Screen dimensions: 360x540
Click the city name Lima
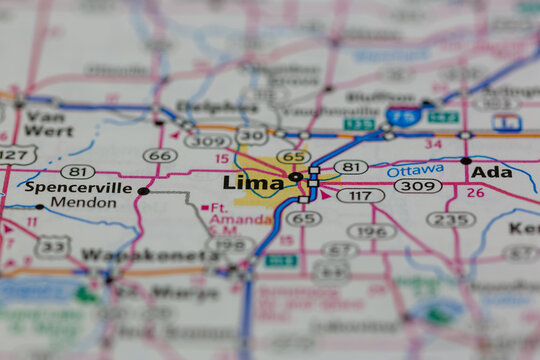[252, 182]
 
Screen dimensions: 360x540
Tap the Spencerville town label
[78, 187]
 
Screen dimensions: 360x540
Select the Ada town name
[492, 172]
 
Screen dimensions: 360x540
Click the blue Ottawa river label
[415, 170]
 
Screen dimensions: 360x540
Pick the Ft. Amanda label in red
[227, 214]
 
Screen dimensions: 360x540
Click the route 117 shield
[360, 195]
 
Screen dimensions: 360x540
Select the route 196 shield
[371, 231]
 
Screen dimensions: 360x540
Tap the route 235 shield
[451, 219]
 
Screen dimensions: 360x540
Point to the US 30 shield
[252, 136]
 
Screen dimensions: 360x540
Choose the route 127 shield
[16, 154]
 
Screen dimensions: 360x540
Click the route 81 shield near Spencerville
[77, 171]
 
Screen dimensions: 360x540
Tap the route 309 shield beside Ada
[417, 186]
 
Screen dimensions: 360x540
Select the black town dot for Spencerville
[143, 190]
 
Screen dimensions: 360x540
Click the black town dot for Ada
[466, 160]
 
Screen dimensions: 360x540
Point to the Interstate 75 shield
[404, 115]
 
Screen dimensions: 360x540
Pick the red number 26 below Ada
[475, 192]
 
